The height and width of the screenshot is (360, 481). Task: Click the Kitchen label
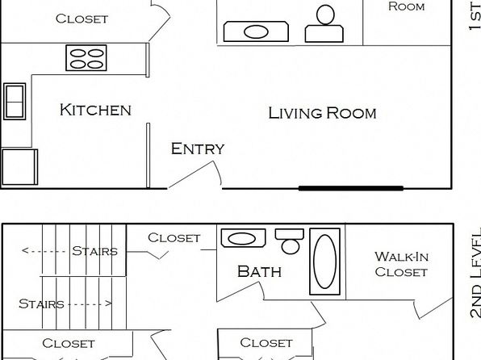(95, 110)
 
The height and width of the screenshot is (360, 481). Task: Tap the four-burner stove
(86, 57)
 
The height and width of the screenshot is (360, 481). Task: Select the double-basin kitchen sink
(15, 101)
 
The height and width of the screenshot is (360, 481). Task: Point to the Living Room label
(322, 113)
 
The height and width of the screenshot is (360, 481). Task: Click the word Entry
(198, 149)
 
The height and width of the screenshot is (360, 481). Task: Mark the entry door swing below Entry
(196, 174)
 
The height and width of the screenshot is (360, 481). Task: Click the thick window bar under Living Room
(351, 188)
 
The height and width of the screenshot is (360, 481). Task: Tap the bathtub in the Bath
(325, 262)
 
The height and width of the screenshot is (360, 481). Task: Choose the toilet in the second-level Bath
(290, 241)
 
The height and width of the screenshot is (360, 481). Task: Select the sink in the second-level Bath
(243, 238)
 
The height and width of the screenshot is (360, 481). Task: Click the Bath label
(259, 271)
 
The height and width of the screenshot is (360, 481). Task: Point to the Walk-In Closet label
(401, 264)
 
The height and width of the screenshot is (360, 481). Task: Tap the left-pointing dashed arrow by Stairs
(44, 251)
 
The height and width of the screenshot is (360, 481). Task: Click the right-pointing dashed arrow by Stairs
(90, 303)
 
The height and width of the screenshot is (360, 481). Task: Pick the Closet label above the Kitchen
(82, 19)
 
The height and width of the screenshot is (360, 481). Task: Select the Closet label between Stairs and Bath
(174, 238)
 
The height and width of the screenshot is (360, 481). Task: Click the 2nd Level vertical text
(475, 273)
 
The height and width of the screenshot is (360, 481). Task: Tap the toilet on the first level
(324, 24)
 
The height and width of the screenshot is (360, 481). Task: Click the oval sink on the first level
(256, 31)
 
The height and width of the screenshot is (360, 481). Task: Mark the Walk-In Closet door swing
(433, 308)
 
